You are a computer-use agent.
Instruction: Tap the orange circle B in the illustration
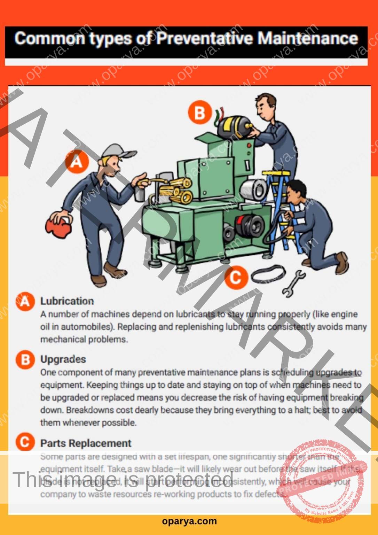click(200, 113)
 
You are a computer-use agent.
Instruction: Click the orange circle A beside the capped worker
click(77, 162)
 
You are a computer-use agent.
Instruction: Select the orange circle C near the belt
click(236, 278)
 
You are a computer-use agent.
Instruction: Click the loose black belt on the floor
click(268, 273)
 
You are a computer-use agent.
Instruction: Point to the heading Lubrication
click(67, 301)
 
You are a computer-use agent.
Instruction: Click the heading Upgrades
click(63, 359)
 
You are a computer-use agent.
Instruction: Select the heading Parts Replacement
click(86, 443)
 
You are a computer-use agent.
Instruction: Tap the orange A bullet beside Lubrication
click(25, 301)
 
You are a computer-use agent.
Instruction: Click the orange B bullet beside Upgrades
click(25, 359)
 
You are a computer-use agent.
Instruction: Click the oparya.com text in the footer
click(189, 521)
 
